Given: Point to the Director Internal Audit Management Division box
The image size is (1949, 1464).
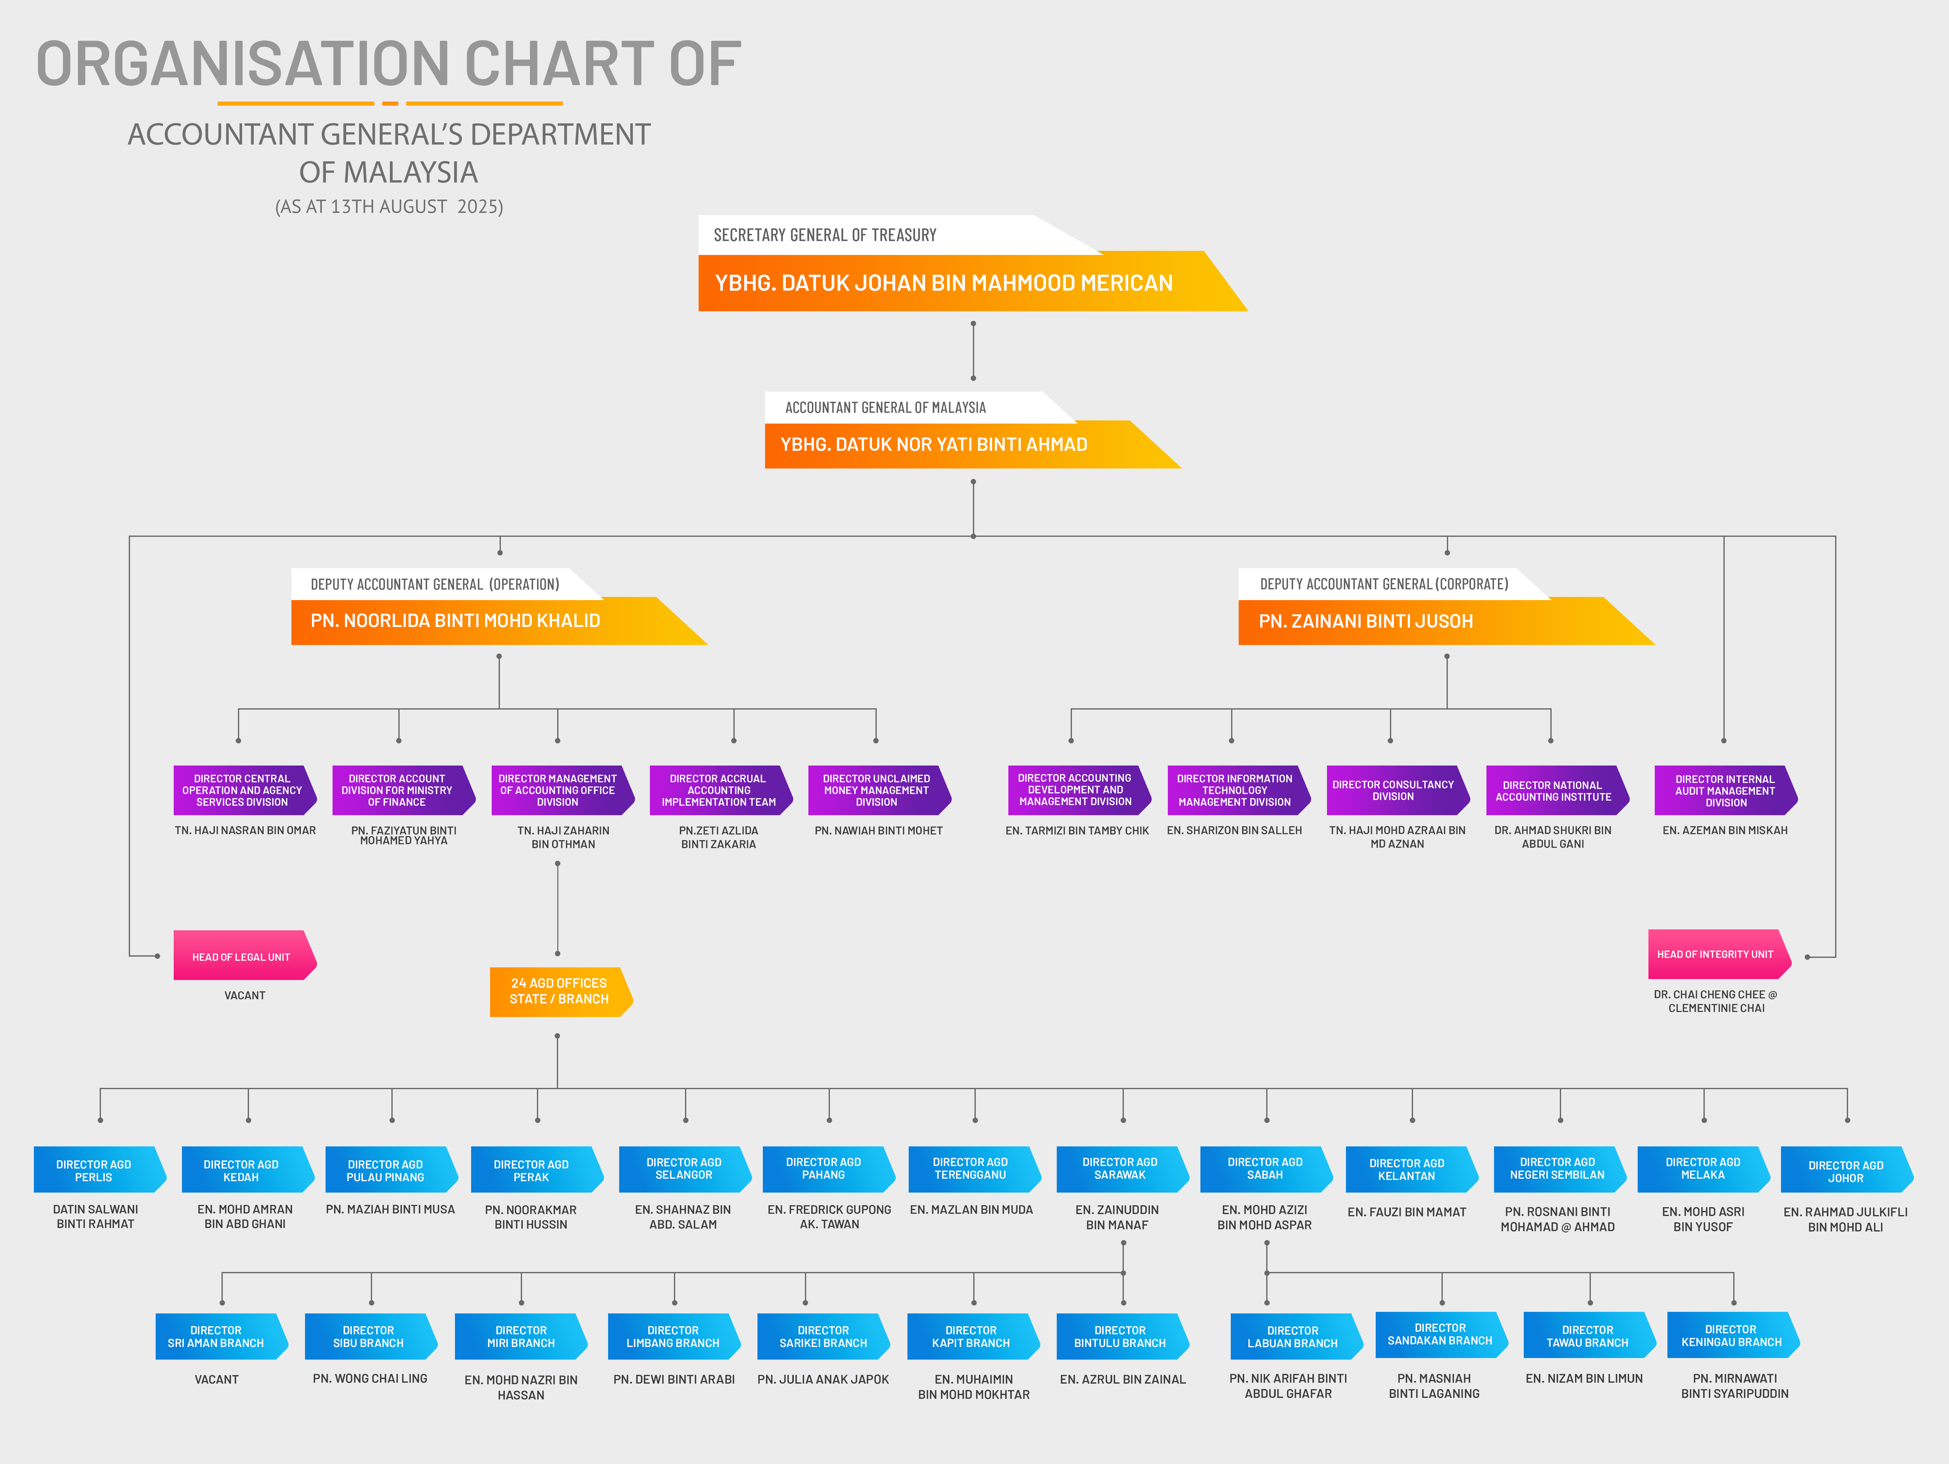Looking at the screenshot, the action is (x=1725, y=790).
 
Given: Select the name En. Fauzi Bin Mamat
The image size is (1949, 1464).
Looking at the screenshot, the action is (x=1407, y=1212).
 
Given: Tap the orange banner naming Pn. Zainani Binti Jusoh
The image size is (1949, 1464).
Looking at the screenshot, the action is (x=1445, y=621).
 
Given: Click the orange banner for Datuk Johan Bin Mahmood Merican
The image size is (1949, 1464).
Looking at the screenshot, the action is (x=972, y=282).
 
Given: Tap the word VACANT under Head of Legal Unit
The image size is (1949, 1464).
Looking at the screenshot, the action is (x=245, y=996).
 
